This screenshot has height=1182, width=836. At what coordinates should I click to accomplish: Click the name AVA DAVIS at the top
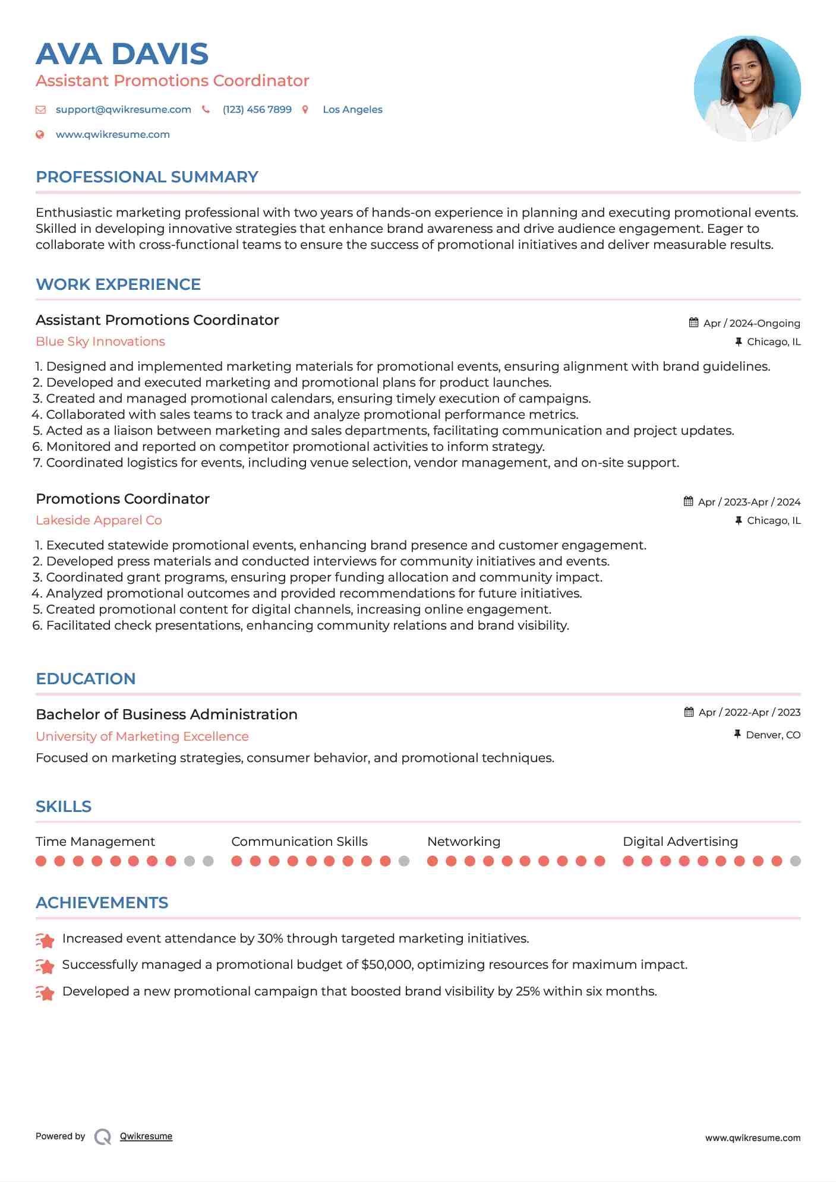pyautogui.click(x=122, y=54)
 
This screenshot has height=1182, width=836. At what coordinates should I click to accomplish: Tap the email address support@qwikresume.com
pyautogui.click(x=123, y=109)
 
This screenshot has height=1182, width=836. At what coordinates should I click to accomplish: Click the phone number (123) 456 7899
pyautogui.click(x=257, y=109)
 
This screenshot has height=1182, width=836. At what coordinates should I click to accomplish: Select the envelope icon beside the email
pyautogui.click(x=40, y=109)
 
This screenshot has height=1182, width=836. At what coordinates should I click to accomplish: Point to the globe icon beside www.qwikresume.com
pyautogui.click(x=40, y=134)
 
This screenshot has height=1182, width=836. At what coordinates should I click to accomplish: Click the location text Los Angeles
pyautogui.click(x=352, y=109)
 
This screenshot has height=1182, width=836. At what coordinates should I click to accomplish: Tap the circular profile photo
pyautogui.click(x=747, y=89)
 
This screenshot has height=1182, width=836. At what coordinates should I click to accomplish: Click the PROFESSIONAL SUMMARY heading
pyautogui.click(x=147, y=177)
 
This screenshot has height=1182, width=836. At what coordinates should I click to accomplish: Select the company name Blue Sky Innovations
pyautogui.click(x=100, y=342)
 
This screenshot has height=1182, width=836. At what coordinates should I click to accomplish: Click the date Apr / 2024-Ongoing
pyautogui.click(x=751, y=323)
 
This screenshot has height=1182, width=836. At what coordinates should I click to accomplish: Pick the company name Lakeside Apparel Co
pyautogui.click(x=99, y=520)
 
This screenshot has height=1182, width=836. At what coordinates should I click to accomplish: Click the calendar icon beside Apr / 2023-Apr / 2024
pyautogui.click(x=688, y=501)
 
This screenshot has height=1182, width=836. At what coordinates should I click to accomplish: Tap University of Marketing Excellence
pyautogui.click(x=142, y=737)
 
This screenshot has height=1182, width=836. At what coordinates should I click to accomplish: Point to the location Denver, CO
pyautogui.click(x=772, y=735)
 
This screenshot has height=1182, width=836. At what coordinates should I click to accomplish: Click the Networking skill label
pyautogui.click(x=463, y=842)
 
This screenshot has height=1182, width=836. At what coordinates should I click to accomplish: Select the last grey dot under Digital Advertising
pyautogui.click(x=795, y=861)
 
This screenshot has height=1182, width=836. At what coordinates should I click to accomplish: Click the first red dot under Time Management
pyautogui.click(x=41, y=861)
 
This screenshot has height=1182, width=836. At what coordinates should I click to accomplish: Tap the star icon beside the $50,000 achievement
pyautogui.click(x=45, y=966)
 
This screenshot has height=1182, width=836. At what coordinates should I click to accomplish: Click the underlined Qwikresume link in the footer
pyautogui.click(x=146, y=1136)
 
